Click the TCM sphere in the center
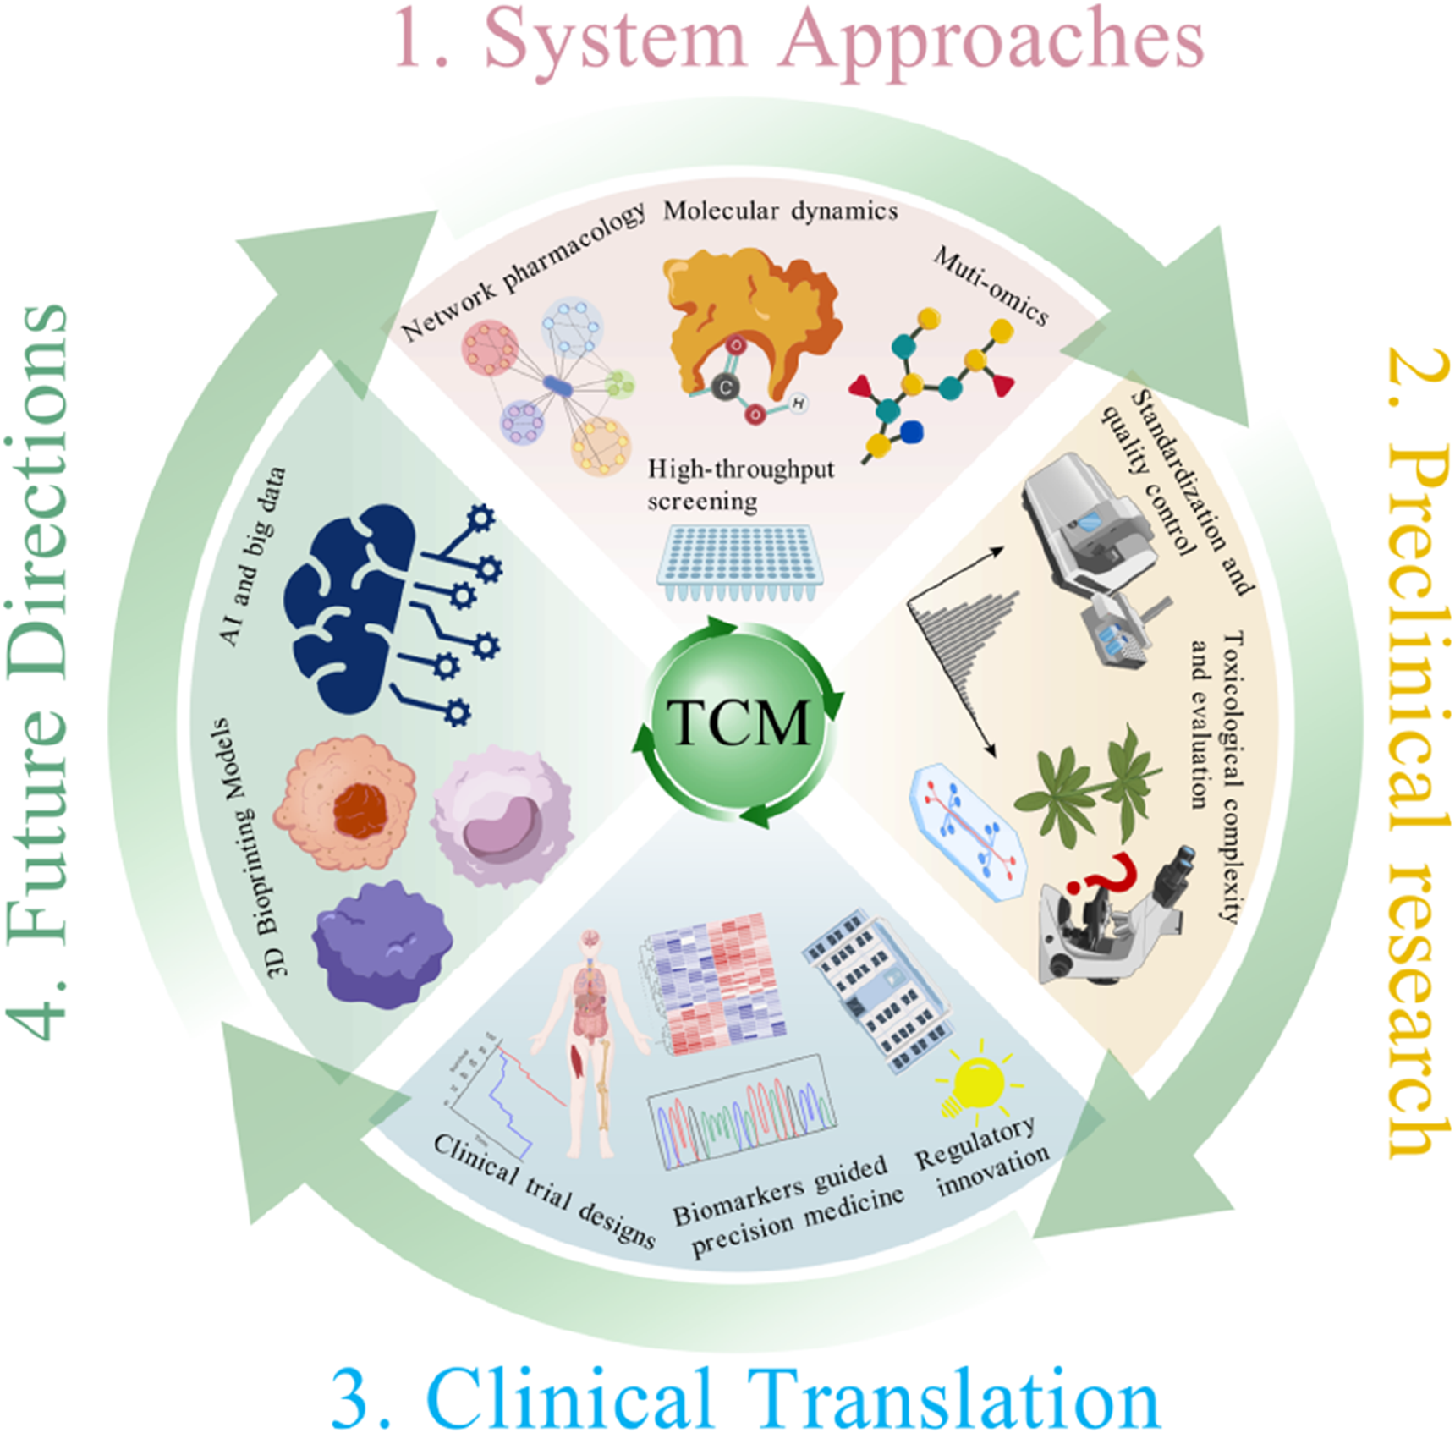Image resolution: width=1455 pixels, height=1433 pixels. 738,724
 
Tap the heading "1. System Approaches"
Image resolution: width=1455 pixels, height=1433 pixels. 799,40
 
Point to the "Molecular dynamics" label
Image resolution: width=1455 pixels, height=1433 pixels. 780,211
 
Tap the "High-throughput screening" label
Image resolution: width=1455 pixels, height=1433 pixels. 739,485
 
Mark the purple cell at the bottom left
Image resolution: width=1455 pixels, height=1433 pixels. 381,944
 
